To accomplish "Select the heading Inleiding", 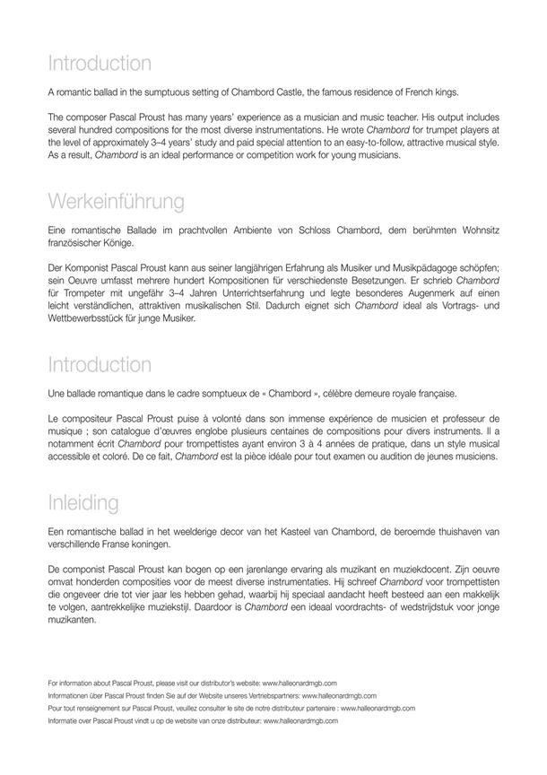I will (x=95, y=500).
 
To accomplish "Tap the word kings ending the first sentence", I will (x=472, y=92).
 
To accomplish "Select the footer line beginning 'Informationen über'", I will (x=212, y=695).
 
